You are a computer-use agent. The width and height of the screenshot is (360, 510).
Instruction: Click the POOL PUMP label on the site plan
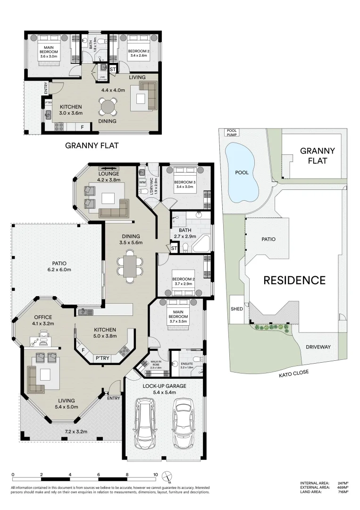coord(232,133)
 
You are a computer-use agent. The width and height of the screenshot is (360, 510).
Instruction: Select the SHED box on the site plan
coord(236,309)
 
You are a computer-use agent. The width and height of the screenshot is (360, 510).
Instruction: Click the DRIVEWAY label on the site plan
coord(318,347)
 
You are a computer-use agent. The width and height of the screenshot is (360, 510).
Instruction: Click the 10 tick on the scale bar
coord(155,475)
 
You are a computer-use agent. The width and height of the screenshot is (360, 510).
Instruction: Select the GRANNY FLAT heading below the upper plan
coord(92,146)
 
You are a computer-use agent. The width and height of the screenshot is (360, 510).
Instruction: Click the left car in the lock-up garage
coord(146,424)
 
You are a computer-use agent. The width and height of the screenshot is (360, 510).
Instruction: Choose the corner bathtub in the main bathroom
coord(202,244)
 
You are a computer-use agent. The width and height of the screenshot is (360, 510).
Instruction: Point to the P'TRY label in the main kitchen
coord(102,358)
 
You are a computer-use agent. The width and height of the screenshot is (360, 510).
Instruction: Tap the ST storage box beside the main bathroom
coord(174,248)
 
